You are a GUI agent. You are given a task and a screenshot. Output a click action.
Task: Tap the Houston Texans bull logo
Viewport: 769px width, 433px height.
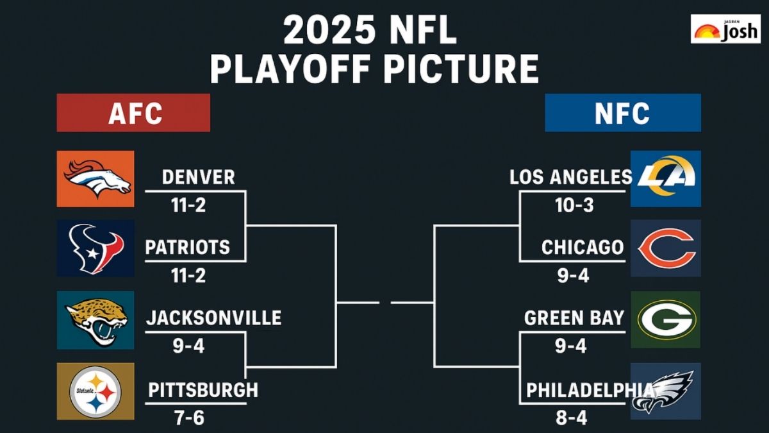click(x=95, y=248)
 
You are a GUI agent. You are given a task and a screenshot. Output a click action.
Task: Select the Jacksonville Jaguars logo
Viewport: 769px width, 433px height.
click(x=95, y=320)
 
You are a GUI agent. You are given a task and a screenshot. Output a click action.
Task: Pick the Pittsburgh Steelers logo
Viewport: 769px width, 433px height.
click(x=95, y=391)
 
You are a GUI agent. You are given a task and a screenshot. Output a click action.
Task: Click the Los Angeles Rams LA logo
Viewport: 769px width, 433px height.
click(x=665, y=178)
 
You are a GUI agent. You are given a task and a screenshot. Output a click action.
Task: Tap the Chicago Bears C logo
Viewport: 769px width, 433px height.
click(x=666, y=248)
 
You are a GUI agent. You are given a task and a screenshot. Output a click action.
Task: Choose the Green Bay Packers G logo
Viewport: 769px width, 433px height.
click(x=666, y=319)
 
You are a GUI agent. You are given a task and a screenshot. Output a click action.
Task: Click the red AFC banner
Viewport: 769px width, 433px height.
click(x=133, y=113)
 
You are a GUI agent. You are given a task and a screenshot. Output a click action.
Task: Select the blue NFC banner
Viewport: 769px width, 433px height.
click(x=622, y=113)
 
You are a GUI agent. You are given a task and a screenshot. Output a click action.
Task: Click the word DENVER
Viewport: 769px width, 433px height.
click(x=198, y=177)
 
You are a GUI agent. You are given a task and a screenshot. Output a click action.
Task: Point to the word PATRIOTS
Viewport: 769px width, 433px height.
click(x=187, y=247)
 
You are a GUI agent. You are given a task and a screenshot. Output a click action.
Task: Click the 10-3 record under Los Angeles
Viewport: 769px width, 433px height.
click(x=574, y=205)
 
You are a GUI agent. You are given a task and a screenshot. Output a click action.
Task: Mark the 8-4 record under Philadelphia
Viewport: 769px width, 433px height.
click(x=570, y=418)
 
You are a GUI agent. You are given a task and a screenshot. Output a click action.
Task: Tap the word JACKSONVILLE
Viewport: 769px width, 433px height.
click(x=213, y=318)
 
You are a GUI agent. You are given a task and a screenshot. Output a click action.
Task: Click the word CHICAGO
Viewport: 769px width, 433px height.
click(x=582, y=247)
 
